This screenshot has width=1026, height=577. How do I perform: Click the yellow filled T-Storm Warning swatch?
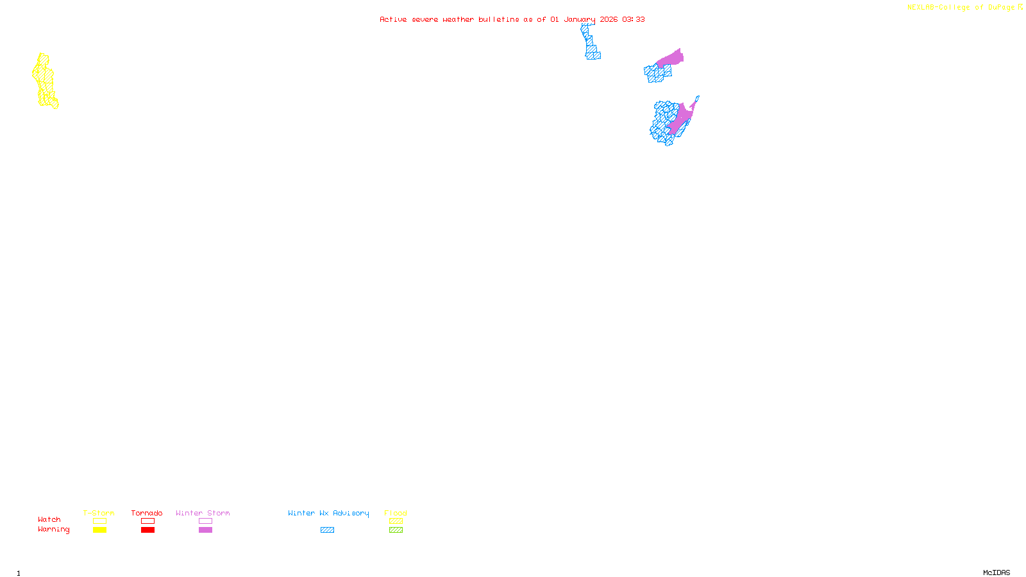pyautogui.click(x=99, y=530)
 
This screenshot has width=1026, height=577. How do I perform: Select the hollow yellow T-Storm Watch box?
pyautogui.click(x=99, y=521)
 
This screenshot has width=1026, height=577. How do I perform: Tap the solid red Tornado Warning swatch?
pyautogui.click(x=148, y=530)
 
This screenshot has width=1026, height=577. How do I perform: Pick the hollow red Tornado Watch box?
pyautogui.click(x=148, y=521)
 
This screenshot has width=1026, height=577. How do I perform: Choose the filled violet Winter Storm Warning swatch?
pyautogui.click(x=205, y=530)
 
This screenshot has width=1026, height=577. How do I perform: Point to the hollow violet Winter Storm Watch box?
pyautogui.click(x=205, y=521)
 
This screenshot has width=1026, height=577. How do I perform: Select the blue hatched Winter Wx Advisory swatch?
pyautogui.click(x=327, y=530)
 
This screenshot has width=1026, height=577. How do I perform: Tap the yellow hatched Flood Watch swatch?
pyautogui.click(x=396, y=521)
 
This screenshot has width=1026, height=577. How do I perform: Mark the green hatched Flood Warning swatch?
pyautogui.click(x=396, y=530)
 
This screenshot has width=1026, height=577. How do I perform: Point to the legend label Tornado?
pyautogui.click(x=147, y=513)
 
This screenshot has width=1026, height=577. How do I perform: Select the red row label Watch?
pyautogui.click(x=49, y=519)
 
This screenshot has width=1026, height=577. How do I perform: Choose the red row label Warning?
pyautogui.click(x=53, y=530)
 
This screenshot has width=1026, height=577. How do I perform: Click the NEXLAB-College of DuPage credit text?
pyautogui.click(x=961, y=8)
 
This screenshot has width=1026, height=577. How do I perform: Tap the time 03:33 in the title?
pyautogui.click(x=634, y=19)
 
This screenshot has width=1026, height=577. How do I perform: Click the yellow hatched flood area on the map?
pyautogui.click(x=44, y=81)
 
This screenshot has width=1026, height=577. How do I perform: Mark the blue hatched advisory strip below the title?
pyautogui.click(x=590, y=42)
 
